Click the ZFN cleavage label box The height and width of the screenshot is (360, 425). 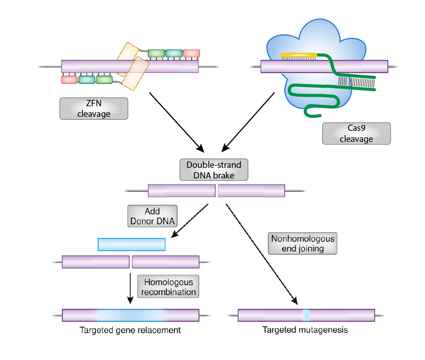click(93, 108)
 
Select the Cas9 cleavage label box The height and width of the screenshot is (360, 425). click(356, 133)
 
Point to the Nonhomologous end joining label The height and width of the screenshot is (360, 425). click(302, 244)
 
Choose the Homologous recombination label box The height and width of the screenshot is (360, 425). click(168, 287)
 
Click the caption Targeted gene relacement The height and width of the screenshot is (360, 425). click(130, 330)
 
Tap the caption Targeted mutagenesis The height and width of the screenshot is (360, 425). click(305, 330)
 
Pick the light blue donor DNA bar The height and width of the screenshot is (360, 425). click(131, 244)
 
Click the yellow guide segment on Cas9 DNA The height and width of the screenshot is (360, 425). click(298, 55)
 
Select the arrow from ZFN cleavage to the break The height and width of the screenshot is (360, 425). click(176, 121)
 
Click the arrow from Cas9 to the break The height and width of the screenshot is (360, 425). click(248, 121)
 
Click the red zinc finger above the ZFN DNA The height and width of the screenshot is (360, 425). click(191, 53)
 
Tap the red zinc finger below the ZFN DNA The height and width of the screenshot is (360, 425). click(69, 79)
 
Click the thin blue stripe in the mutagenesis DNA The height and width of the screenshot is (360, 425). click(306, 315)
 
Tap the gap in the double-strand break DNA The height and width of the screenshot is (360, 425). click(217, 190)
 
